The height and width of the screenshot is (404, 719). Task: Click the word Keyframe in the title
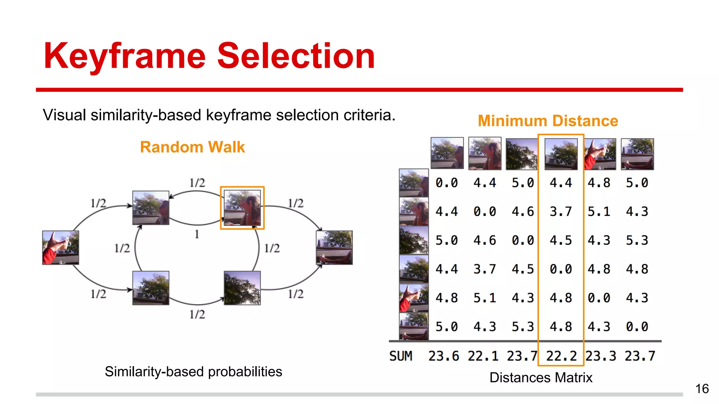click(x=124, y=56)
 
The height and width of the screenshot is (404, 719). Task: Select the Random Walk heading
click(x=192, y=147)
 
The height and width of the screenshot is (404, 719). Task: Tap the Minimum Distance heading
click(x=548, y=121)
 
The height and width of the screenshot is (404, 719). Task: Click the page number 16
click(x=702, y=389)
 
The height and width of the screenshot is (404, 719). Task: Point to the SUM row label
click(x=401, y=356)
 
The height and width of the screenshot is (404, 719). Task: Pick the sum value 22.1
click(x=483, y=356)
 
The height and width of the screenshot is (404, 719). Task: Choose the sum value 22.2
click(x=561, y=356)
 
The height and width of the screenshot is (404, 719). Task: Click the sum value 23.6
click(x=443, y=356)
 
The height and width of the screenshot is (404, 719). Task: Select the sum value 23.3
click(x=600, y=356)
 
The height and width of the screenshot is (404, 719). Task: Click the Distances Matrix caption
click(x=541, y=378)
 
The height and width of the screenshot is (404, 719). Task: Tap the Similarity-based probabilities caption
click(x=193, y=372)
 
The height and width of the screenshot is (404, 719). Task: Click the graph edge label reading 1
click(x=197, y=234)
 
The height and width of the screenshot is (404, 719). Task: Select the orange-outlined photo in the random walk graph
click(x=242, y=208)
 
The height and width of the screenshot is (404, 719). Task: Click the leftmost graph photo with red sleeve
click(x=60, y=248)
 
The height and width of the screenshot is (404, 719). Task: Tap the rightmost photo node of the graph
click(x=334, y=248)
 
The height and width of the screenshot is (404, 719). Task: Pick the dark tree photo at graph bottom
click(x=242, y=288)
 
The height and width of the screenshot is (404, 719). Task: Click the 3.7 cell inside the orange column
click(x=561, y=211)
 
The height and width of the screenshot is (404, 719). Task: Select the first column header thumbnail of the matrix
click(x=447, y=154)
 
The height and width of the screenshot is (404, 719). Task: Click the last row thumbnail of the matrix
click(x=414, y=326)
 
